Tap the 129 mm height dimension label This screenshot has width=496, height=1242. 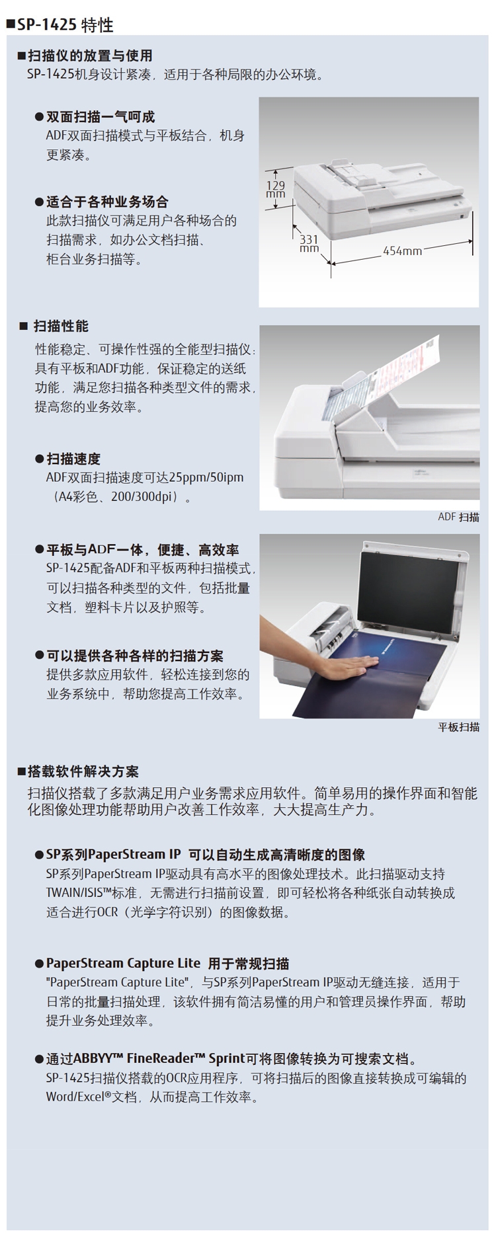click(276, 189)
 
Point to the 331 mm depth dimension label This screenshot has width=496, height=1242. click(309, 244)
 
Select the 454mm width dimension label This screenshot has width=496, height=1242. click(402, 251)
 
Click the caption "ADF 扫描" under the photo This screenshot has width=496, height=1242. click(458, 517)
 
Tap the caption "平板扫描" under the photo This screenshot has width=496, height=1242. click(459, 727)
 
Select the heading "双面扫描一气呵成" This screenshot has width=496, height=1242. click(100, 117)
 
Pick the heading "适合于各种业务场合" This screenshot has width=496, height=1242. click(107, 202)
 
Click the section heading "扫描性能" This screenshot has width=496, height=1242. click(61, 326)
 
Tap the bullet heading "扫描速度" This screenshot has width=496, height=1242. click(73, 459)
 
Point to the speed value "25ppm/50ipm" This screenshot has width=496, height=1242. click(206, 477)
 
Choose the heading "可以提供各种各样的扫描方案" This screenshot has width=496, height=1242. click(135, 656)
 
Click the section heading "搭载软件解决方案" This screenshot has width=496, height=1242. click(83, 771)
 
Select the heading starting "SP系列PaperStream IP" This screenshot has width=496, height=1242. click(205, 855)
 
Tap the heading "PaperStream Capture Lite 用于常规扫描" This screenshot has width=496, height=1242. click(167, 963)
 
